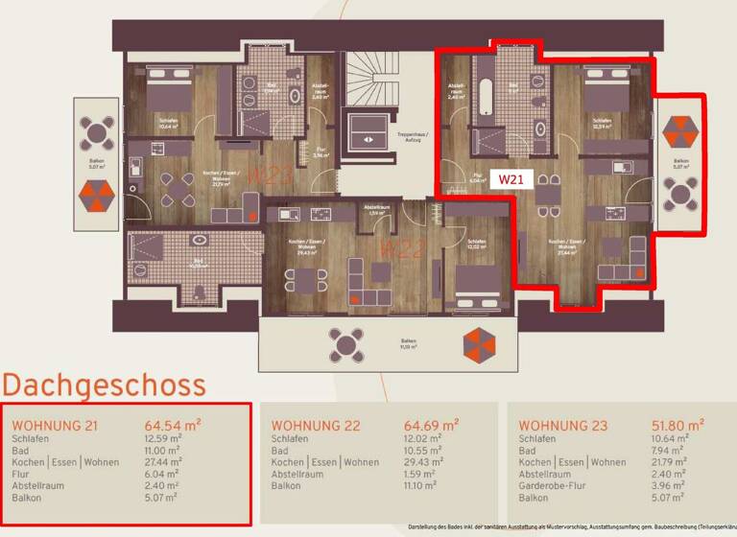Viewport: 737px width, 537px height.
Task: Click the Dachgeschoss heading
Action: pos(104,385)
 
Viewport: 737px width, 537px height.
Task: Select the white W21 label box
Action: pos(510,179)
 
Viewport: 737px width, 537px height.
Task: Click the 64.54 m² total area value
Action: pos(172,424)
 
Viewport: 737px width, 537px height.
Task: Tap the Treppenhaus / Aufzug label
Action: pos(411,138)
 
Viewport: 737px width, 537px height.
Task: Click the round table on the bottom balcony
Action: pos(345,342)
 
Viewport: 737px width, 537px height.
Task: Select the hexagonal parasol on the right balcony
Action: pos(681,129)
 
